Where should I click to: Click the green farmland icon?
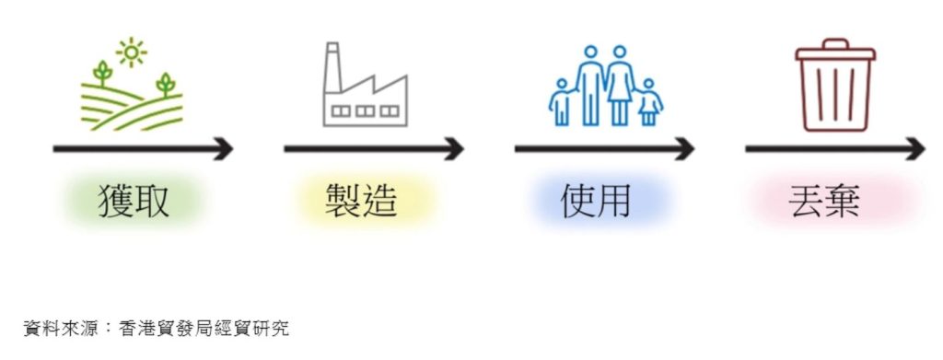click(x=131, y=84)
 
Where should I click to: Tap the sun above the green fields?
click(x=131, y=52)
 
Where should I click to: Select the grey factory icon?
click(x=365, y=84)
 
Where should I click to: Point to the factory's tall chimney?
click(x=332, y=67)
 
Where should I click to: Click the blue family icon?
click(x=606, y=86)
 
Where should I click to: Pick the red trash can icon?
click(x=835, y=85)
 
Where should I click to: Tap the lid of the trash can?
click(x=835, y=50)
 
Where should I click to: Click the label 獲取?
click(x=134, y=201)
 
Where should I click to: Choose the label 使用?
click(x=596, y=201)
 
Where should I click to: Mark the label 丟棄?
click(x=824, y=201)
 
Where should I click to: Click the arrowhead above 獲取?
click(x=223, y=148)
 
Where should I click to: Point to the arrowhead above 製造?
click(x=453, y=148)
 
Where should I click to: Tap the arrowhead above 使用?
click(x=684, y=148)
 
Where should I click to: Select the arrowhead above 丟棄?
click(x=914, y=148)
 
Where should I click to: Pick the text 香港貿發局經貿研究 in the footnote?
click(x=204, y=329)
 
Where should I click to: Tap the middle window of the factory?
click(x=365, y=111)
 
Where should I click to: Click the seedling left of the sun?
click(x=103, y=73)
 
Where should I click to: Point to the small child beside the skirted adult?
click(x=648, y=102)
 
